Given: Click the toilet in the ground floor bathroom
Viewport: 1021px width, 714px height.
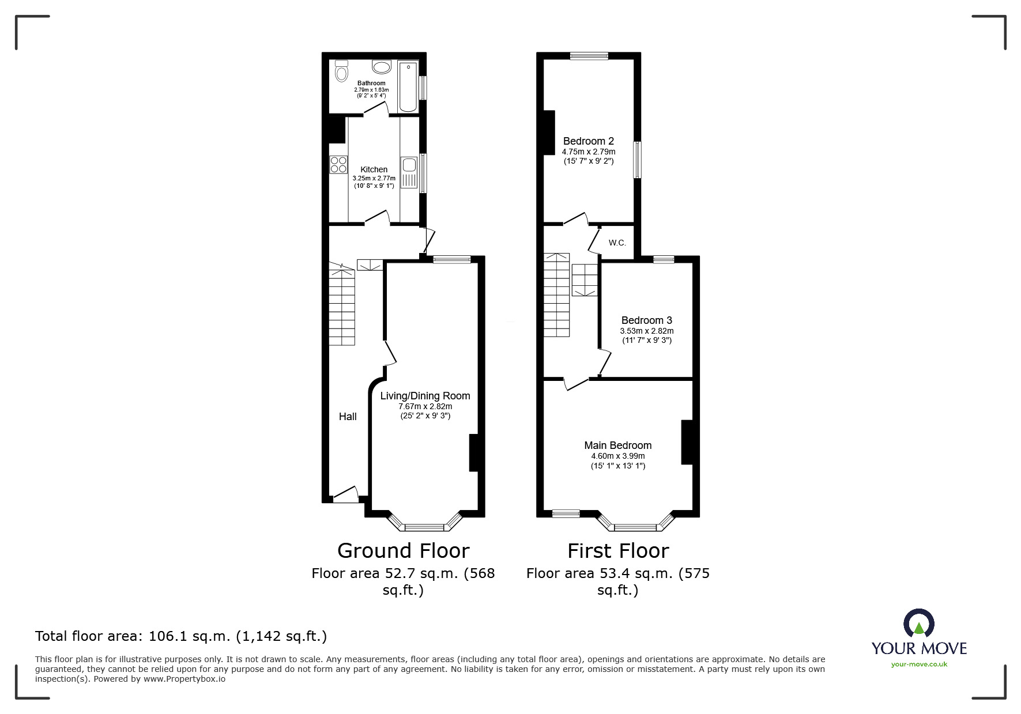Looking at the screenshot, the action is click(341, 71).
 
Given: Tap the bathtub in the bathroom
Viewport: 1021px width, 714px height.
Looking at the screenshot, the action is click(408, 86).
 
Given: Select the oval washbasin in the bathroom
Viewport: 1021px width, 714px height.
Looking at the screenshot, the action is click(381, 67).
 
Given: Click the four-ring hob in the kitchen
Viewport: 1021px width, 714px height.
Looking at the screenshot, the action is click(338, 165).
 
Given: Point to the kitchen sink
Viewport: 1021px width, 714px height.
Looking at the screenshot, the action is click(409, 172).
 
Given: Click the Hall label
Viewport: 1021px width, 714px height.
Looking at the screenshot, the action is click(348, 417).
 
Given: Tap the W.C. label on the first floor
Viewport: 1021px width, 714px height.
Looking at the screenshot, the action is click(617, 243).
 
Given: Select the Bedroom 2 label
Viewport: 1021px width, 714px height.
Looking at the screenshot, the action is click(589, 141).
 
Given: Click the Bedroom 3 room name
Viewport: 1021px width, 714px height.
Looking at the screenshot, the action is click(647, 320).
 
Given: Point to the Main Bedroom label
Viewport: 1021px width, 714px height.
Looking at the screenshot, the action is click(618, 445).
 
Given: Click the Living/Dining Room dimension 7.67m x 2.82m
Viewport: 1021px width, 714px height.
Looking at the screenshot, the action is click(425, 406).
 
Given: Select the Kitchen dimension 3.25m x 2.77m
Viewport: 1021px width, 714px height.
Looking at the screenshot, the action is click(374, 179).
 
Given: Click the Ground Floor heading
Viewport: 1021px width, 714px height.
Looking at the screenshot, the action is click(404, 551).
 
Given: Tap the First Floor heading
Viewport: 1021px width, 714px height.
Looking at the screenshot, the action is click(618, 551).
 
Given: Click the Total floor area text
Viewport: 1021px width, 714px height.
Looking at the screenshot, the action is click(181, 636).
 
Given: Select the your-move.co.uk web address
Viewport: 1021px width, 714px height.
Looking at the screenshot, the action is click(920, 664).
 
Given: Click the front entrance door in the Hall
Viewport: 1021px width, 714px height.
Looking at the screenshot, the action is click(346, 494).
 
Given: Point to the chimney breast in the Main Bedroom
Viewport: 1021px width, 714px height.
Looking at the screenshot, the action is click(687, 442).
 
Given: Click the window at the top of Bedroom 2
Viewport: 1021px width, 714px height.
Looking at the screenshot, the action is click(589, 56).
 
